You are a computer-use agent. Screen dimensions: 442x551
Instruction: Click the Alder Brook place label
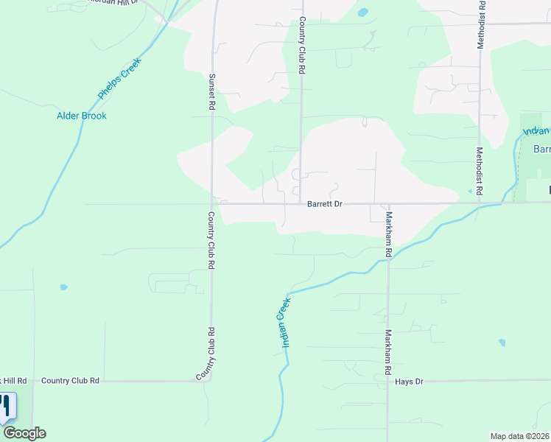tap(82, 116)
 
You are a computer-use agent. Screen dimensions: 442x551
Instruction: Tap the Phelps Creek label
tap(119, 79)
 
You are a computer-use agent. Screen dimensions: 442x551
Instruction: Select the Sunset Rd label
tap(211, 92)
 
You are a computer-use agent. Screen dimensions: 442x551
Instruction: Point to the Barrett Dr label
tap(325, 204)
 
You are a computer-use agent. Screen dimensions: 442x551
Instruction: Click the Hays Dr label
tap(410, 382)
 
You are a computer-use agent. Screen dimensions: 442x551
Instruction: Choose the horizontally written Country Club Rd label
tap(70, 381)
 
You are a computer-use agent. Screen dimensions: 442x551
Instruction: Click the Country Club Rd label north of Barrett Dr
tap(301, 46)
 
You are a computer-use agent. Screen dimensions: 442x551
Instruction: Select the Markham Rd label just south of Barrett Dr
tap(388, 234)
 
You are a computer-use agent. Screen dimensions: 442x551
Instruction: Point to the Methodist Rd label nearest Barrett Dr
tap(479, 170)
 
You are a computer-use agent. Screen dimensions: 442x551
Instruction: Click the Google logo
tap(24, 433)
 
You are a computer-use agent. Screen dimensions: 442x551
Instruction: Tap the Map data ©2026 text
tap(519, 436)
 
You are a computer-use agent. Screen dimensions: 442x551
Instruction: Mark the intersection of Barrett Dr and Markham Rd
tap(387, 203)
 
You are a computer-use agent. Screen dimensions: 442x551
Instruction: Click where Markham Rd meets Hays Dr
tap(387, 381)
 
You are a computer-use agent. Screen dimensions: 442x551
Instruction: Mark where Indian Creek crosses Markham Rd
tap(388, 259)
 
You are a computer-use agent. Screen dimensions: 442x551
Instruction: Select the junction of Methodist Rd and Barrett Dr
tap(479, 203)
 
